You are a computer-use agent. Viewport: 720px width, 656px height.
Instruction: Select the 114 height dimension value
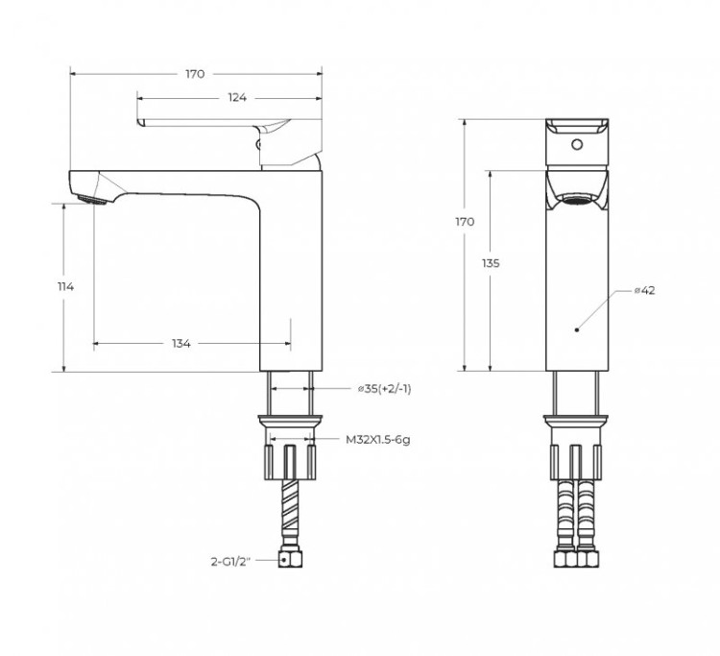(66, 286)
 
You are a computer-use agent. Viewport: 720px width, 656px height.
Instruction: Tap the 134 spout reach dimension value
(181, 344)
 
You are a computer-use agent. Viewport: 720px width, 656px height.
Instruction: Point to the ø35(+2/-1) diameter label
(384, 389)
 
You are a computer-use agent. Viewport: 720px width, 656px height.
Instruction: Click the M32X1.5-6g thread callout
(378, 440)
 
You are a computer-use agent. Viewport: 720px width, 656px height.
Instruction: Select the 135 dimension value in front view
(492, 262)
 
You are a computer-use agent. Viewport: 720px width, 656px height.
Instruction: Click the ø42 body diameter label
(644, 290)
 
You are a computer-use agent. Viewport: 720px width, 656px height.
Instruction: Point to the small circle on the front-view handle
(577, 147)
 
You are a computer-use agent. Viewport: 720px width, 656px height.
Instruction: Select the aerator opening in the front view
(577, 200)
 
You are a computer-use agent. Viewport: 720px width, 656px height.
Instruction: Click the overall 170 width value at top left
(196, 74)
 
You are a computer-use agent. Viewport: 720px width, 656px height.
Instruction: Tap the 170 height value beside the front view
(465, 222)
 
